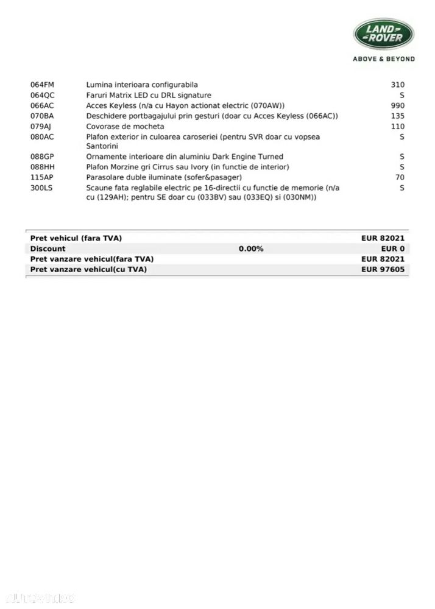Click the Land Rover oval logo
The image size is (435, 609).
point(384,33)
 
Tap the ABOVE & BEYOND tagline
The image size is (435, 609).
point(384,59)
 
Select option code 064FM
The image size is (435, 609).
point(42,85)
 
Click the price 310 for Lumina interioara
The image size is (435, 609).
point(398,85)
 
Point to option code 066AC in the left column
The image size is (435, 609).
point(42,105)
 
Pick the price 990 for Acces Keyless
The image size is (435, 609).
point(398,105)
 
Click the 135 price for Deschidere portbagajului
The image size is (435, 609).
point(398,116)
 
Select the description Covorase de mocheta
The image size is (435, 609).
point(117,126)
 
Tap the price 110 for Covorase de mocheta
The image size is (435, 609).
point(398,126)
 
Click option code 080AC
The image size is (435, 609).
point(42,137)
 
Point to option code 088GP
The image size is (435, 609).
point(42,157)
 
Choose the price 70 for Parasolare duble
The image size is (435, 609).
point(400,177)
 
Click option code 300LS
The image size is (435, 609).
point(41,188)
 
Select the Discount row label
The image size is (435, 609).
point(48,248)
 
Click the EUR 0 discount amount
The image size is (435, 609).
point(393,248)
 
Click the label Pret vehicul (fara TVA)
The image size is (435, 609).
point(80,238)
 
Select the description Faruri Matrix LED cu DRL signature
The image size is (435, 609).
point(149,95)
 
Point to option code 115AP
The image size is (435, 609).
point(42,177)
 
